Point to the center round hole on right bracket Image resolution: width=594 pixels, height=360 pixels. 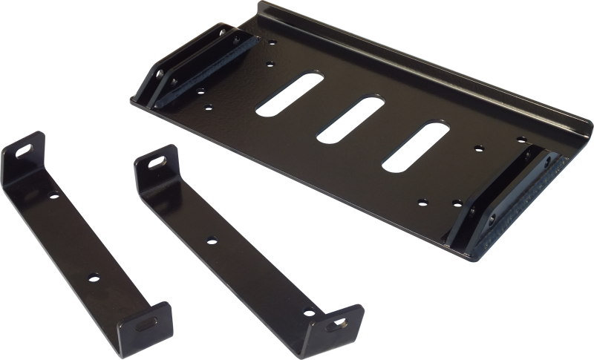click(x=212, y=240)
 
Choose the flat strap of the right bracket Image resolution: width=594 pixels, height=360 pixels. click(x=223, y=245)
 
